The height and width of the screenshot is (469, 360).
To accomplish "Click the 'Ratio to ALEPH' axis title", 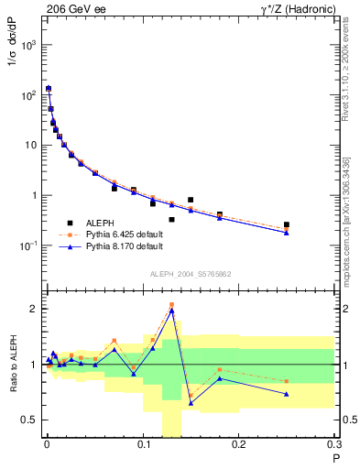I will pyautogui.click(x=12, y=365).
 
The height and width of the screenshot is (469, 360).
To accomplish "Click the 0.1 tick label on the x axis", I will pyautogui.click(x=142, y=446).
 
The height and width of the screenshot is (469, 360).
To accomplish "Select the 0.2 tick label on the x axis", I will pyautogui.click(x=239, y=446).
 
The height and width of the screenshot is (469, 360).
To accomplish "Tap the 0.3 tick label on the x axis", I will pyautogui.click(x=334, y=446).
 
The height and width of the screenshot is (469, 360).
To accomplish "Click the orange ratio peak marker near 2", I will pyautogui.click(x=171, y=304).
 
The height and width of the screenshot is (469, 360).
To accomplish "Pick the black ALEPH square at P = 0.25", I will pyautogui.click(x=287, y=224).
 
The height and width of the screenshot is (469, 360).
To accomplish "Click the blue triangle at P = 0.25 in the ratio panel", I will pyautogui.click(x=287, y=394).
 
